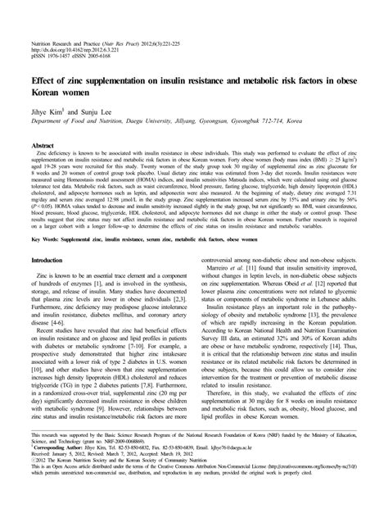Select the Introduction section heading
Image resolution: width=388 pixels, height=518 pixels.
pyautogui.click(x=52, y=237)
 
